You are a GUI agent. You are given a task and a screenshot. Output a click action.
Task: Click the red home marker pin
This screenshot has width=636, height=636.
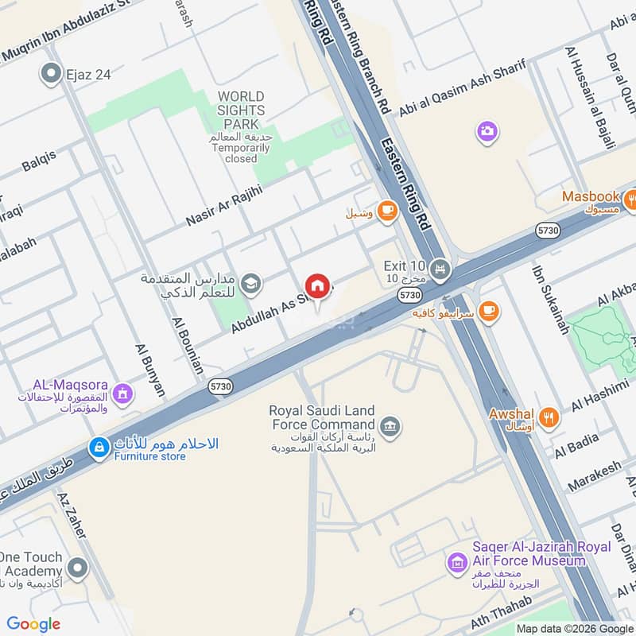click(317, 285)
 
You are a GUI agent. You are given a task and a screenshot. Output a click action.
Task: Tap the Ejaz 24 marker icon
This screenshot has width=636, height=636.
click(52, 75)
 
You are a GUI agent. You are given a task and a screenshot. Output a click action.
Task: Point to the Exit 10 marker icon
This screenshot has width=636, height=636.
click(442, 270)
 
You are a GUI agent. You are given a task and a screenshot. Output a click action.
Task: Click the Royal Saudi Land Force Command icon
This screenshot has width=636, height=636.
click(390, 426)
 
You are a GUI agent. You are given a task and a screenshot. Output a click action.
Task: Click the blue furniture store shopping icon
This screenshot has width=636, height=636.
click(99, 448)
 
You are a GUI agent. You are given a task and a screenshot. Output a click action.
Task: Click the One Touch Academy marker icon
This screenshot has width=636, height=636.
click(77, 568)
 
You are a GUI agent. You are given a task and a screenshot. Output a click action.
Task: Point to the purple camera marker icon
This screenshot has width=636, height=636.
click(487, 130)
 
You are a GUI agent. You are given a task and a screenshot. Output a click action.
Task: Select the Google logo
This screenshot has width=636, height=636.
click(33, 623)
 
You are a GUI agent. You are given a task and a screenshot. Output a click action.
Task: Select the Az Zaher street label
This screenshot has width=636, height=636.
click(72, 516)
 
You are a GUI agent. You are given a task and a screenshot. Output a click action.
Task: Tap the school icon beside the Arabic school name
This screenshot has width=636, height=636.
click(250, 282)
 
